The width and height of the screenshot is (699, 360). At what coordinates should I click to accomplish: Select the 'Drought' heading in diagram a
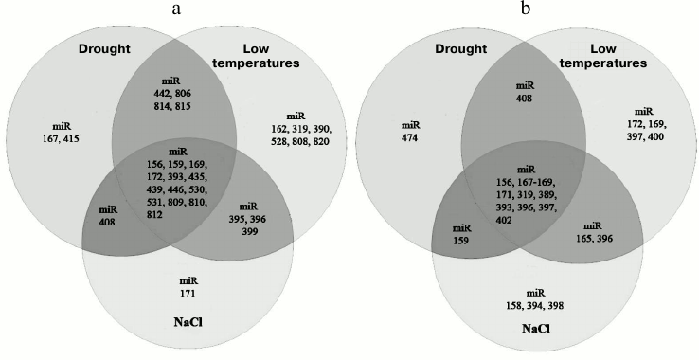[x=103, y=48]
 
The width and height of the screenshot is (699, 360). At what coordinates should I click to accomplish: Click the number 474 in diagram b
[x=409, y=137]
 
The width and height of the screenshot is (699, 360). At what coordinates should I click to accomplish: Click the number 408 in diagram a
[x=109, y=222]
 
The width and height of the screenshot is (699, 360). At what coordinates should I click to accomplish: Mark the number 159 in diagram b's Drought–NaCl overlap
[x=462, y=241]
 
